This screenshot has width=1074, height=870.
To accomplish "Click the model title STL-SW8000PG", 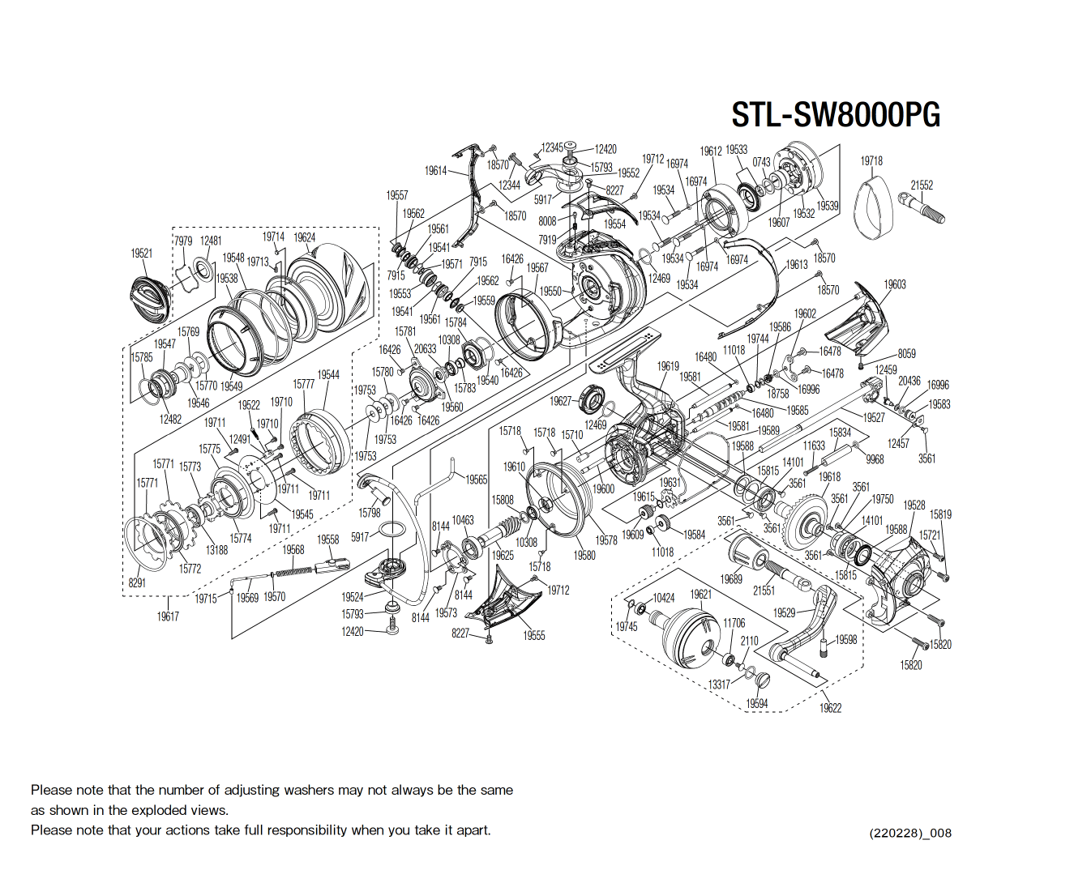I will (836, 115).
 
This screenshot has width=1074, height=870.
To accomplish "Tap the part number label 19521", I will (142, 253).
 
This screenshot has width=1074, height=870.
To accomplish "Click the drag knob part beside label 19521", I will (151, 299).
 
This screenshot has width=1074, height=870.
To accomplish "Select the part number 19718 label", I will (871, 160).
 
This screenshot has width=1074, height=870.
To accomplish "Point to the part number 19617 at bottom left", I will (168, 616).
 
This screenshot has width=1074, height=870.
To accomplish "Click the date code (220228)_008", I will (909, 833).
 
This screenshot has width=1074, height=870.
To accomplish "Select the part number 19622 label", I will (830, 708).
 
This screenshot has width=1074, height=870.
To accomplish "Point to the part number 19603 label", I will (895, 284).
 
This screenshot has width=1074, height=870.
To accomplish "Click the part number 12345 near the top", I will (552, 147).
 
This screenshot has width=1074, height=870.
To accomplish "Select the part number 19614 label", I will (435, 170).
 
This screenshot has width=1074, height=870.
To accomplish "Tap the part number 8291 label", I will (137, 582).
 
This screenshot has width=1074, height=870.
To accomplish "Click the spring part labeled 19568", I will (293, 571).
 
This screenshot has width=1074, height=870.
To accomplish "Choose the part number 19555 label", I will (533, 636).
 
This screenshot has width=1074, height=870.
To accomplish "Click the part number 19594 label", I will (756, 703).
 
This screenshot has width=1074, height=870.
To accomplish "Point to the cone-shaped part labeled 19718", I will (872, 208).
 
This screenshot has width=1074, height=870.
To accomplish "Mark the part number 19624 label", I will (305, 237).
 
